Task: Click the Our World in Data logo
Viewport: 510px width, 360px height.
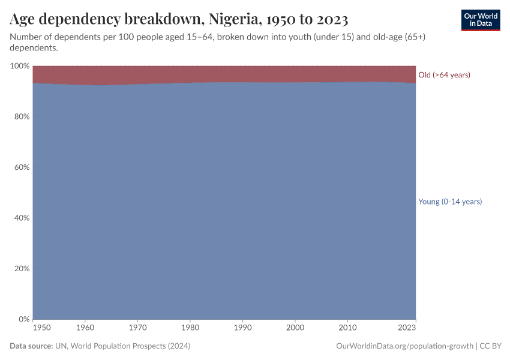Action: [x=480, y=20]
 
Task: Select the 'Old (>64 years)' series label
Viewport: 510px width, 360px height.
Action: [x=444, y=75]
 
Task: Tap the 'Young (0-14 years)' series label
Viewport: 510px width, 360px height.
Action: [x=450, y=202]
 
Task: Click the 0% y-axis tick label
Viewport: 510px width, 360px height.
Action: [x=23, y=319]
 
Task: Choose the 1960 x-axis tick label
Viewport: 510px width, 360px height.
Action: [x=85, y=328]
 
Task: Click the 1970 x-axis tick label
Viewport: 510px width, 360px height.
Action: [x=138, y=328]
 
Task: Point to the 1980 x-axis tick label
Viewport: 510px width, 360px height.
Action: [x=190, y=328]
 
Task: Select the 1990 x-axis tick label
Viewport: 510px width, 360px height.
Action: [x=242, y=328]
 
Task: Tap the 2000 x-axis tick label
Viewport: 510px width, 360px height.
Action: [x=295, y=328]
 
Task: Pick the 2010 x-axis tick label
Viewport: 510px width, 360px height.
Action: [x=347, y=328]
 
